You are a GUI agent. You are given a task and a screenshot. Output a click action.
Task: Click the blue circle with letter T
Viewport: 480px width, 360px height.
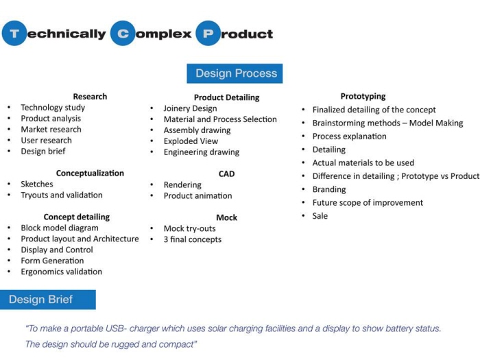click(x=14, y=33)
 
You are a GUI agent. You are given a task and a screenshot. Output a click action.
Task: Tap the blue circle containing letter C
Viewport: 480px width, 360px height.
click(x=123, y=33)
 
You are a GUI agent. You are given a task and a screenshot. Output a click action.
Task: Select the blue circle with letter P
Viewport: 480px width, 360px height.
click(x=208, y=33)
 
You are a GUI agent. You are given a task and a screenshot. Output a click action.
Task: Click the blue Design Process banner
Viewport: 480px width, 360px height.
click(x=235, y=73)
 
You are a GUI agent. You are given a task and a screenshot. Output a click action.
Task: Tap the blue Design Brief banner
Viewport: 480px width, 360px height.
click(x=47, y=300)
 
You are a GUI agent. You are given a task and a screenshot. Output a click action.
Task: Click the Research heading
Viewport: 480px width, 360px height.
click(x=90, y=97)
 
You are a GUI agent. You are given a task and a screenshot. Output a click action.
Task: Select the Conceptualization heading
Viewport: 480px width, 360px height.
click(x=90, y=173)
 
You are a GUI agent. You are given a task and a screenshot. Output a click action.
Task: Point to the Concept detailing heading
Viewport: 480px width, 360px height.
click(x=76, y=217)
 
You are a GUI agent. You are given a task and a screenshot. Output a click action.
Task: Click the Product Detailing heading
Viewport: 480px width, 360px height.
click(x=226, y=97)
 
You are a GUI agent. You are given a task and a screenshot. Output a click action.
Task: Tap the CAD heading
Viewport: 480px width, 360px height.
click(x=226, y=174)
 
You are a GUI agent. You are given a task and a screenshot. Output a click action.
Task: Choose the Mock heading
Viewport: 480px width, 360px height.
click(x=226, y=217)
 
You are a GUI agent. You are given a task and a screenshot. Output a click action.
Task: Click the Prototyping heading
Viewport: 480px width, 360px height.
click(x=363, y=97)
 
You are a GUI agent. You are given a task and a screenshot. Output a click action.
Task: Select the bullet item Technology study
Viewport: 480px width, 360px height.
click(x=53, y=108)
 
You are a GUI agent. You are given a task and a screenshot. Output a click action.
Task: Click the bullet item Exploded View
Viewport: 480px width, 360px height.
click(x=191, y=141)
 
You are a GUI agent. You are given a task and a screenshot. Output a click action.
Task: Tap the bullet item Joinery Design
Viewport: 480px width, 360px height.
click(x=190, y=108)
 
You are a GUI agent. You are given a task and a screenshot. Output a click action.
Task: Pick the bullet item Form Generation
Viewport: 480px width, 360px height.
click(x=52, y=261)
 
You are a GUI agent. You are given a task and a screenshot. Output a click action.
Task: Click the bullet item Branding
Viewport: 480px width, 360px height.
click(x=329, y=189)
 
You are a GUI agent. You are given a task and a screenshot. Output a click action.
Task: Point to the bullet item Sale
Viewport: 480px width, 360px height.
click(x=320, y=216)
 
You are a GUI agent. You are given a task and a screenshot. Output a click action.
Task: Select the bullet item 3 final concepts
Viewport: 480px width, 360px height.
click(x=192, y=239)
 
